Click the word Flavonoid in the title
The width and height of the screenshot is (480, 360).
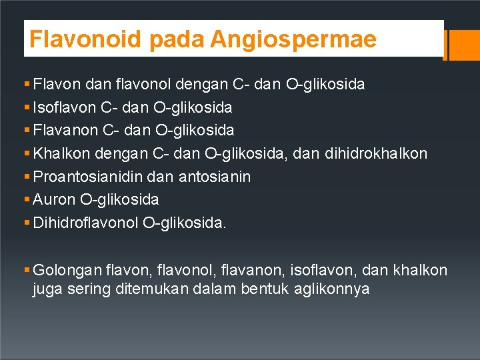tap(85, 39)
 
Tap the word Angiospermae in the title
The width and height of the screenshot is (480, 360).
tap(293, 39)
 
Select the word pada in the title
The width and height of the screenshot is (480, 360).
tap(177, 39)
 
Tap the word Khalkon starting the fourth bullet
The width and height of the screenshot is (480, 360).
tap(62, 154)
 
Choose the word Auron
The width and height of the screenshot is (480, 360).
tap(53, 199)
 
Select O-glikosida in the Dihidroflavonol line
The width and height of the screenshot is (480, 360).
tap(185, 223)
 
